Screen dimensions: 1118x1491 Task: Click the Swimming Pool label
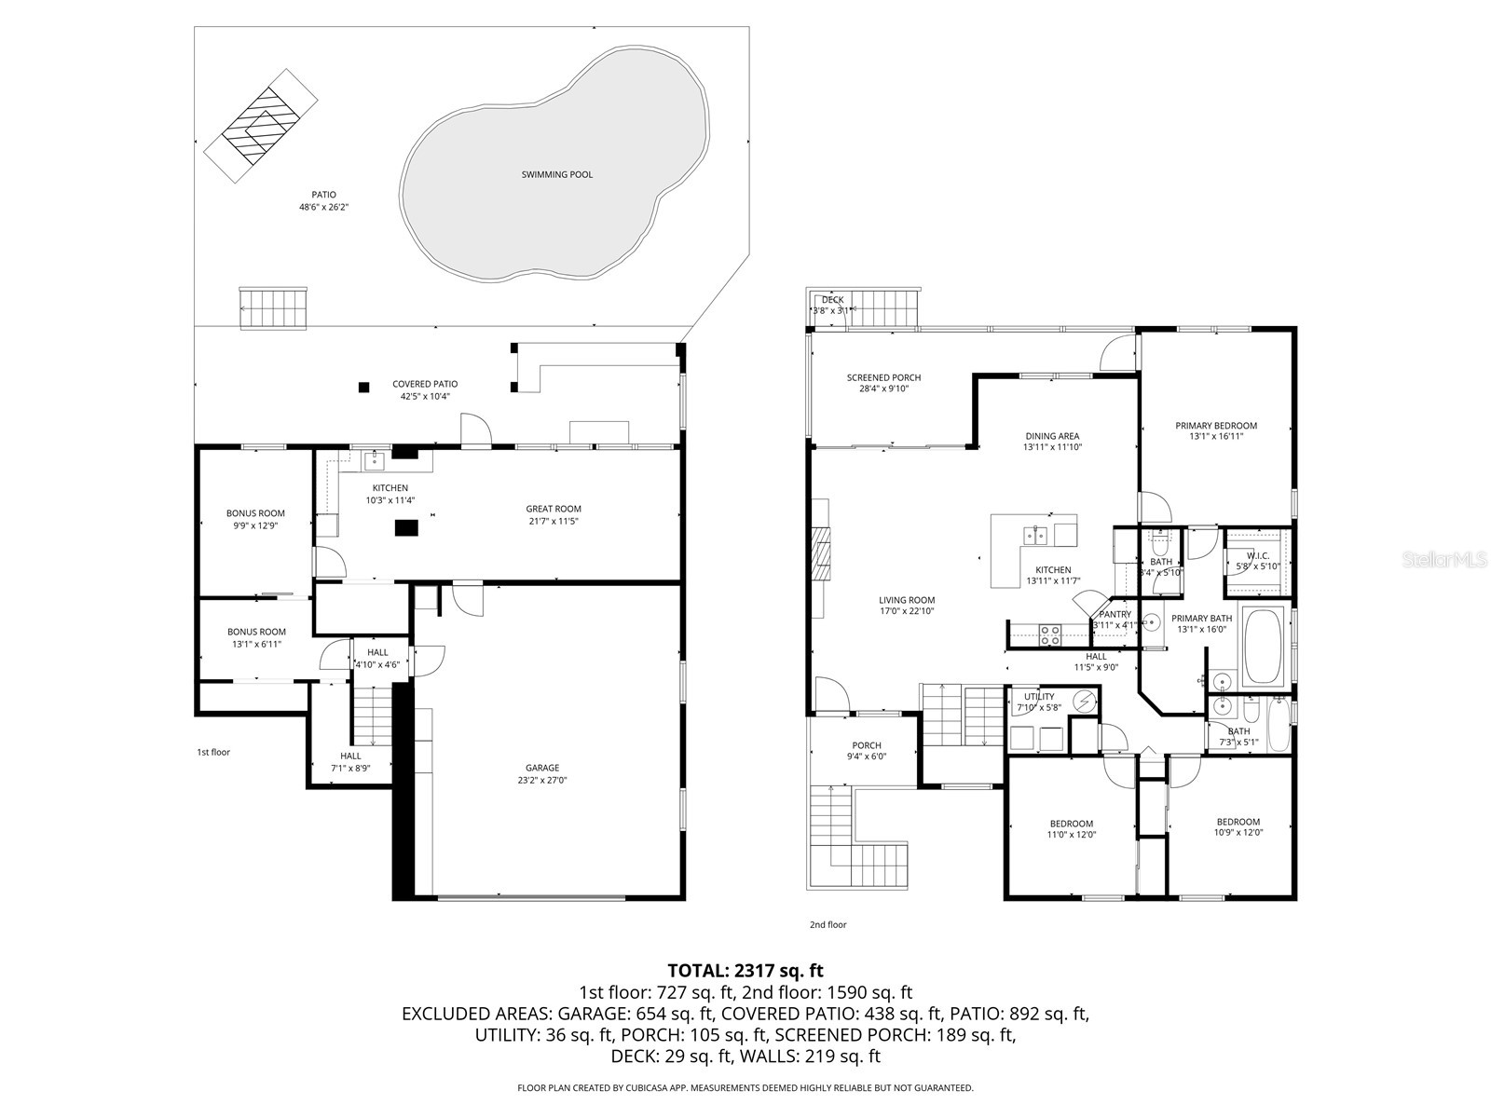[x=556, y=174]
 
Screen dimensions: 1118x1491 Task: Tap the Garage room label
[x=541, y=768]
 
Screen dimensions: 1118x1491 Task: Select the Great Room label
[x=554, y=509]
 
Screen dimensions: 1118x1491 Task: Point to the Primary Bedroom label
[x=1215, y=426]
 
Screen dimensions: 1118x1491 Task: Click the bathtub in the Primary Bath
[x=1263, y=648]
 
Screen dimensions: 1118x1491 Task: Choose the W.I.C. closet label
[x=1257, y=555]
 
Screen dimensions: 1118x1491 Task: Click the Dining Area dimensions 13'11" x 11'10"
[x=1052, y=447]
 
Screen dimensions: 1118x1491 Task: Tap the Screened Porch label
[x=883, y=377]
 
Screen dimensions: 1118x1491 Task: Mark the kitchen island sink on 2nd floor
[x=1035, y=535]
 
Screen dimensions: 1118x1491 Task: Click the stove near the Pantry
[x=1050, y=634]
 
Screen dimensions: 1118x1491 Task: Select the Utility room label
[x=1039, y=696]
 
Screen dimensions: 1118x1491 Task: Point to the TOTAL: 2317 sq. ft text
[x=745, y=971]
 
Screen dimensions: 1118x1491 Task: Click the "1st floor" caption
[x=212, y=752]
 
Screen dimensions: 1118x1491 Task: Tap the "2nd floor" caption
[x=828, y=925]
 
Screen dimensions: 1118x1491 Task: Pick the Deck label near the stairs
[x=832, y=300]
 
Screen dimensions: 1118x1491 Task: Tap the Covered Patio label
[x=425, y=384]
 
